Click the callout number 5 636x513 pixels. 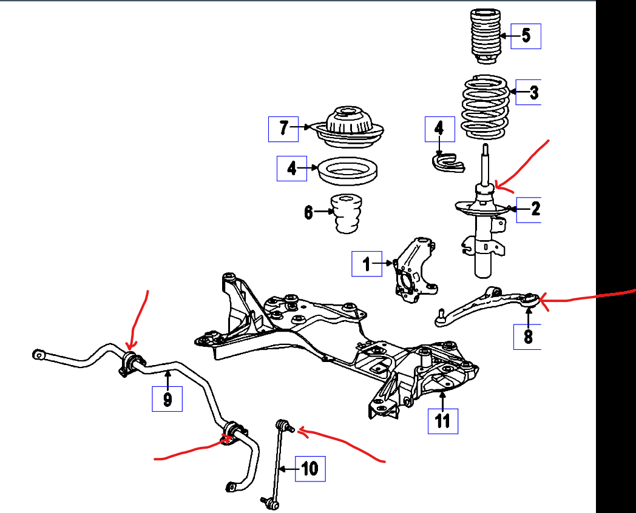click(x=526, y=36)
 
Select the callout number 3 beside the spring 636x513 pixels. click(x=533, y=93)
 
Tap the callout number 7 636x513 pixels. click(x=283, y=129)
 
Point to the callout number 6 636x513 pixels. click(x=308, y=213)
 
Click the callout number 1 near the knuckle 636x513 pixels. click(x=367, y=264)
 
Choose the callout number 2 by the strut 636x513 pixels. click(x=535, y=209)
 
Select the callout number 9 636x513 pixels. click(x=167, y=398)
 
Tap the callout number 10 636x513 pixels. click(x=310, y=469)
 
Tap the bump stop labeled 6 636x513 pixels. click(x=346, y=213)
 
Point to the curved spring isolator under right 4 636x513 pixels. click(x=447, y=161)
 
